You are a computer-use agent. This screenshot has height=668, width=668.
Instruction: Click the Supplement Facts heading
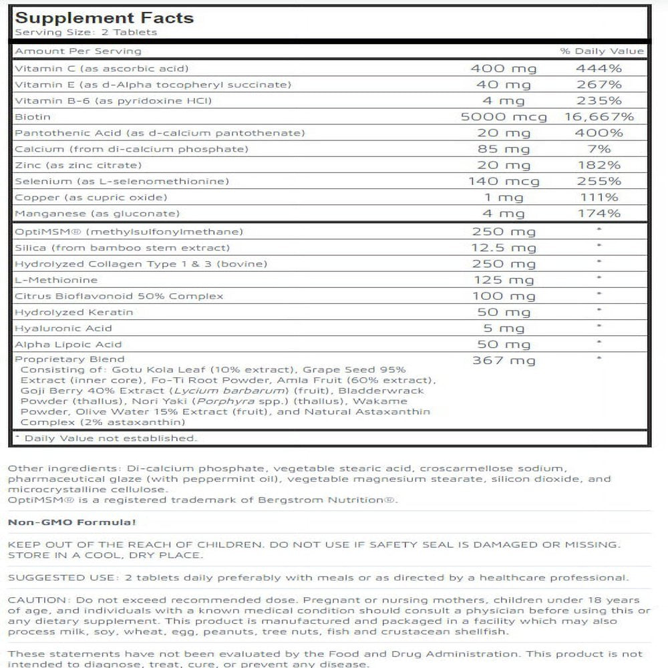[x=104, y=17]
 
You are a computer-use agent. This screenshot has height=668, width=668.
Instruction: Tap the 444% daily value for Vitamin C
[x=599, y=68]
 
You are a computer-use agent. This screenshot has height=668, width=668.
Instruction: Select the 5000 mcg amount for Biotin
[x=504, y=117]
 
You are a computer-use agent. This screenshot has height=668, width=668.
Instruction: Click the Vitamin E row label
[x=153, y=85]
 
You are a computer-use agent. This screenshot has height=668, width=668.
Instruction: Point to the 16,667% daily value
[x=599, y=117]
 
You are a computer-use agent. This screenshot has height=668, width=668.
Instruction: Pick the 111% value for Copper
[x=599, y=197]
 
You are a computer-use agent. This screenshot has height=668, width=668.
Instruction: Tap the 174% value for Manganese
[x=599, y=214]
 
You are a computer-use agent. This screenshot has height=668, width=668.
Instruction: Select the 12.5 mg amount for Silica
[x=504, y=248]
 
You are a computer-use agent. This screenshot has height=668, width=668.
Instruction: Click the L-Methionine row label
[x=56, y=280]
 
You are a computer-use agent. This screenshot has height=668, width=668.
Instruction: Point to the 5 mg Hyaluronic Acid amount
[x=504, y=328]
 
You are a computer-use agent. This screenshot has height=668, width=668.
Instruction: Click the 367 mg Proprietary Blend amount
[x=504, y=361]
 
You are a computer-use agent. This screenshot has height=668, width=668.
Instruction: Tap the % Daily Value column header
[x=602, y=51]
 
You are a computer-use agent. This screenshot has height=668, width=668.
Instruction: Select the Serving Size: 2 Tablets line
[x=86, y=32]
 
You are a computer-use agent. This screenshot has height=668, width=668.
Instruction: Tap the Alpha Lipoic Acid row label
[x=68, y=344]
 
